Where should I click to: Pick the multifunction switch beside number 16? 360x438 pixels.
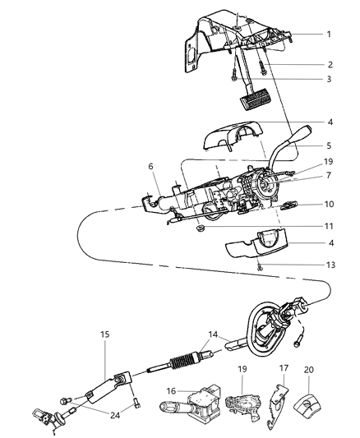pos(202,403)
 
